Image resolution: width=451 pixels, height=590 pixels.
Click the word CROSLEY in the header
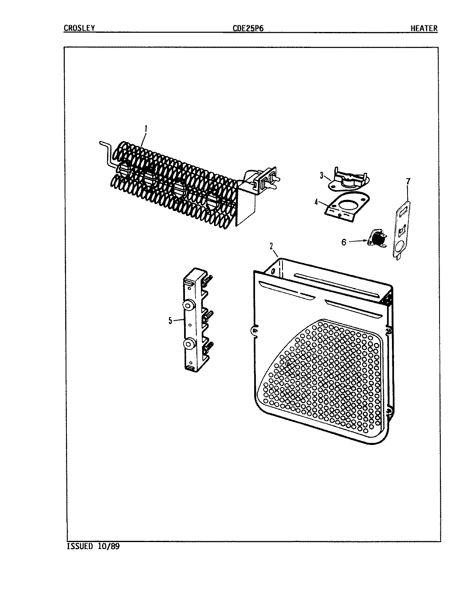(x=80, y=28)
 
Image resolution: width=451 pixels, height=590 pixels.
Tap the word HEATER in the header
(x=424, y=28)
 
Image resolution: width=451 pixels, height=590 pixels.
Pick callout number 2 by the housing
(x=271, y=246)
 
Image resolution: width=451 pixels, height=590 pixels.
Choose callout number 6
(x=344, y=242)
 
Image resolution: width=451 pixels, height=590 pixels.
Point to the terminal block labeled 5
(x=195, y=320)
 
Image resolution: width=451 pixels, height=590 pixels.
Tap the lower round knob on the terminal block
(x=189, y=344)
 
